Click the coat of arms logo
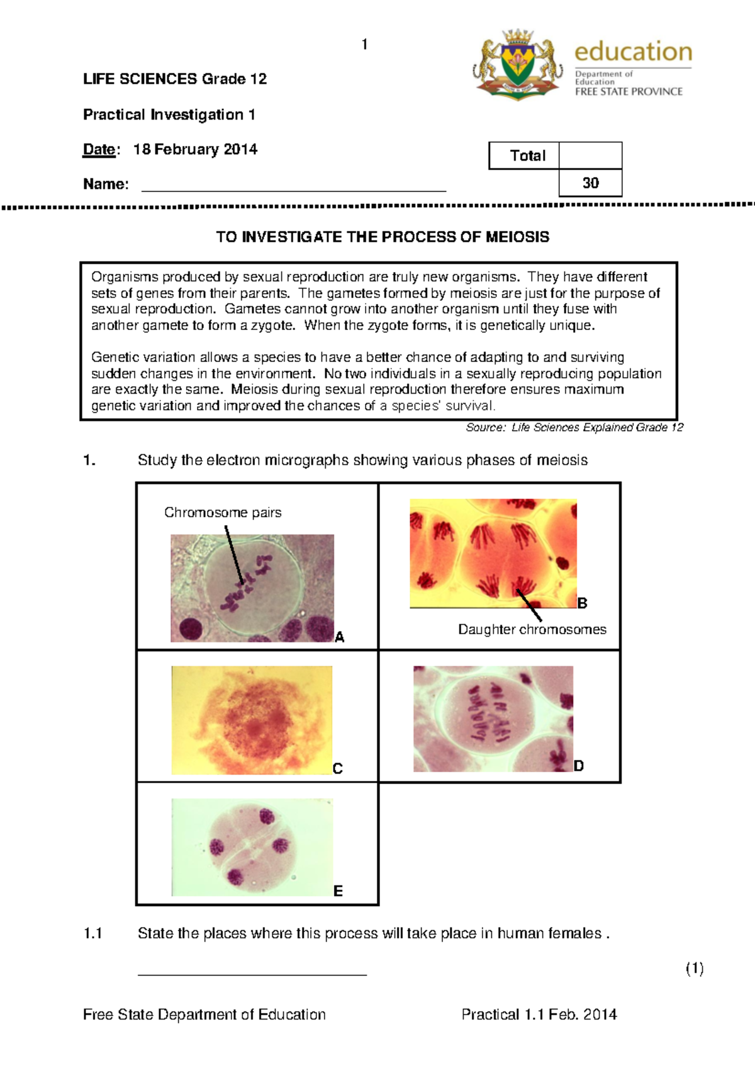click(x=517, y=64)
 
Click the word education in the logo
click(x=633, y=52)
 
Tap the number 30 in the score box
click(x=590, y=183)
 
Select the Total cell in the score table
click(x=527, y=156)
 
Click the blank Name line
click(x=294, y=186)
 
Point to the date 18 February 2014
click(x=195, y=149)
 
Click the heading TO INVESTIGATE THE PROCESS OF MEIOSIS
click(x=383, y=237)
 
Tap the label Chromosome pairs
click(x=223, y=513)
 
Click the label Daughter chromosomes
click(x=532, y=629)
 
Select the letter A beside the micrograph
click(x=340, y=637)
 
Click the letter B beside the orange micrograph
click(x=583, y=603)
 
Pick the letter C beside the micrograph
click(x=338, y=769)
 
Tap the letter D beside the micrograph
click(x=579, y=766)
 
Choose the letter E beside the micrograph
click(x=338, y=891)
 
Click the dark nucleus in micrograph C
click(x=255, y=729)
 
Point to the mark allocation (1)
click(x=694, y=969)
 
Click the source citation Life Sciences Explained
click(x=574, y=428)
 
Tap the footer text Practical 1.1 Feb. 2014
click(x=539, y=1014)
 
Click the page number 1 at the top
click(x=364, y=44)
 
